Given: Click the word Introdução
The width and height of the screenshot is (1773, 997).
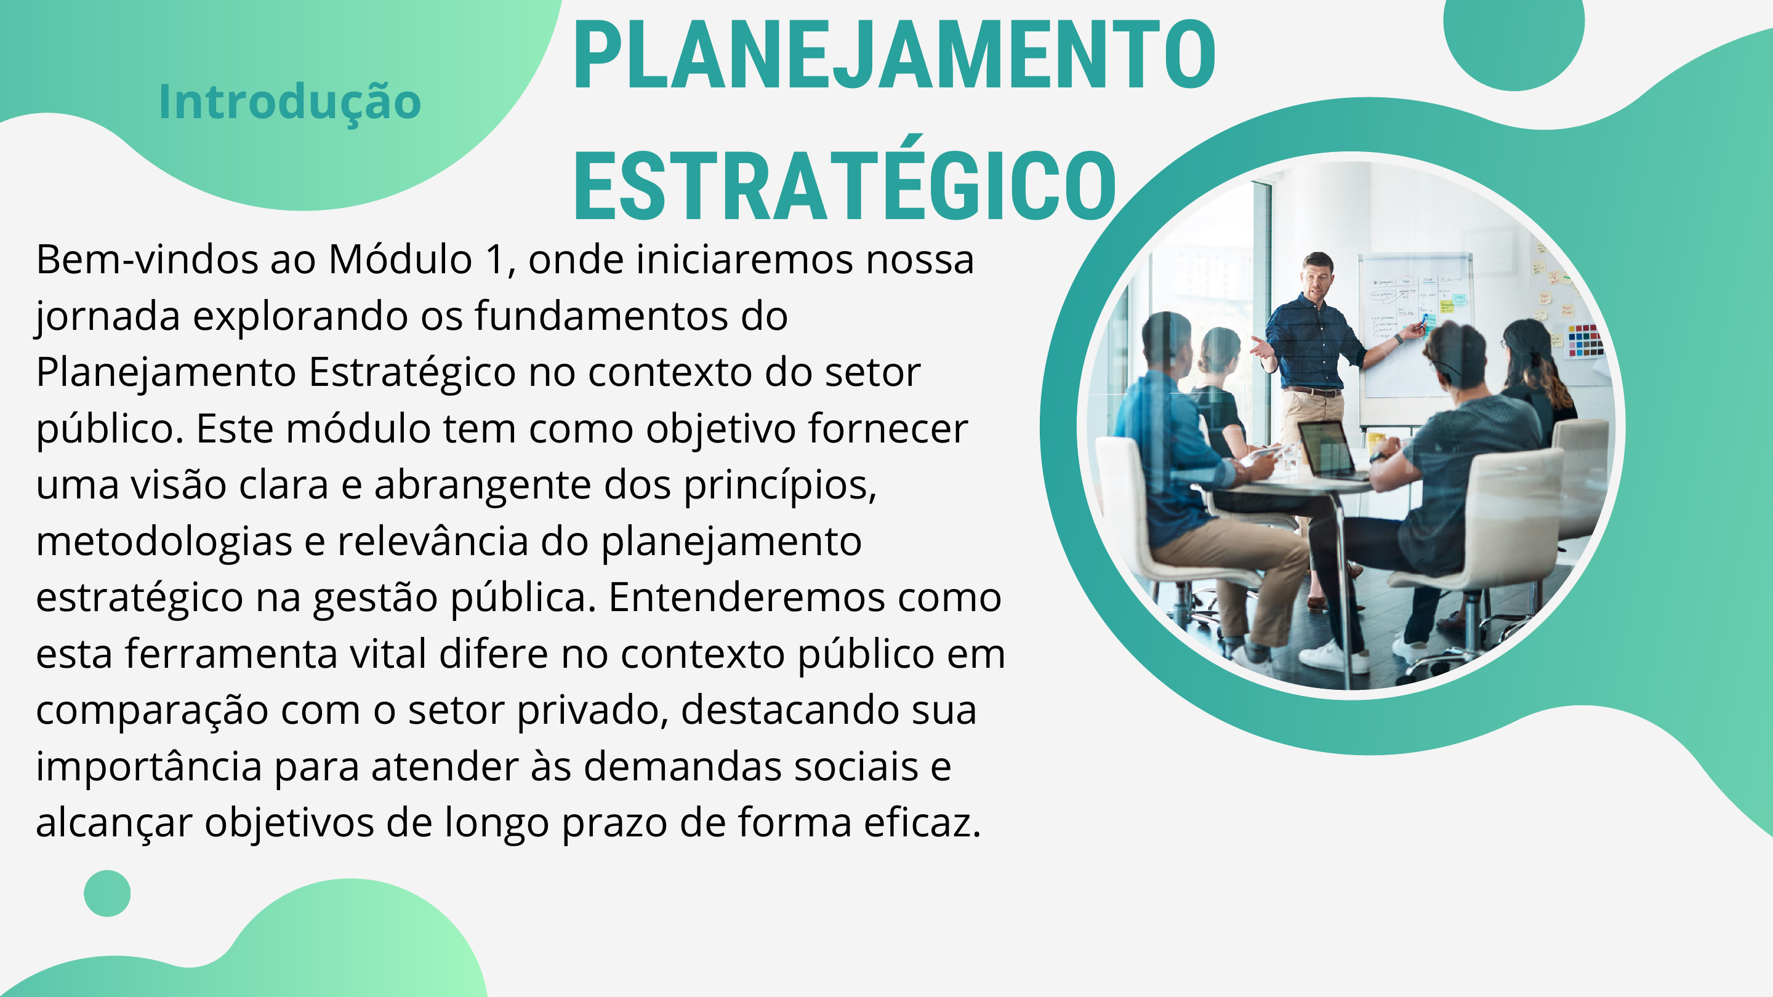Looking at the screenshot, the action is pos(290,102).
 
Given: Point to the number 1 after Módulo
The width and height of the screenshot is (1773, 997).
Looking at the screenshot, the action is pos(496,260).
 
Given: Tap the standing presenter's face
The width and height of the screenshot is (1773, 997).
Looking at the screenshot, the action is pos(1317,278).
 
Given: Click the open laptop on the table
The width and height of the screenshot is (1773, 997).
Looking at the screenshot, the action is pos(1330,450).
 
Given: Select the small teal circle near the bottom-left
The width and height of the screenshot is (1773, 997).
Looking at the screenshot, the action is pos(107,893).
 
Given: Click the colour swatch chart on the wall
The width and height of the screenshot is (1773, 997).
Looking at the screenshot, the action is pos(1585,340).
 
